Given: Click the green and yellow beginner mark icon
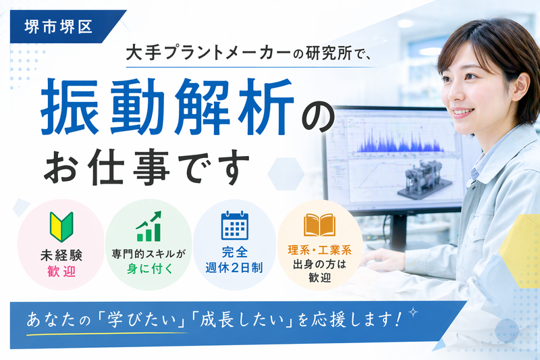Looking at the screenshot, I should point(59,226).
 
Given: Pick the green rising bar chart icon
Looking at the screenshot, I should point(148,226).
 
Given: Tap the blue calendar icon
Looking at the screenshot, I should point(235,226).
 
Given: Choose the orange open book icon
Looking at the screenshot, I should point(319,225).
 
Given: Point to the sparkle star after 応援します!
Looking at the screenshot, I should point(414,313).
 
